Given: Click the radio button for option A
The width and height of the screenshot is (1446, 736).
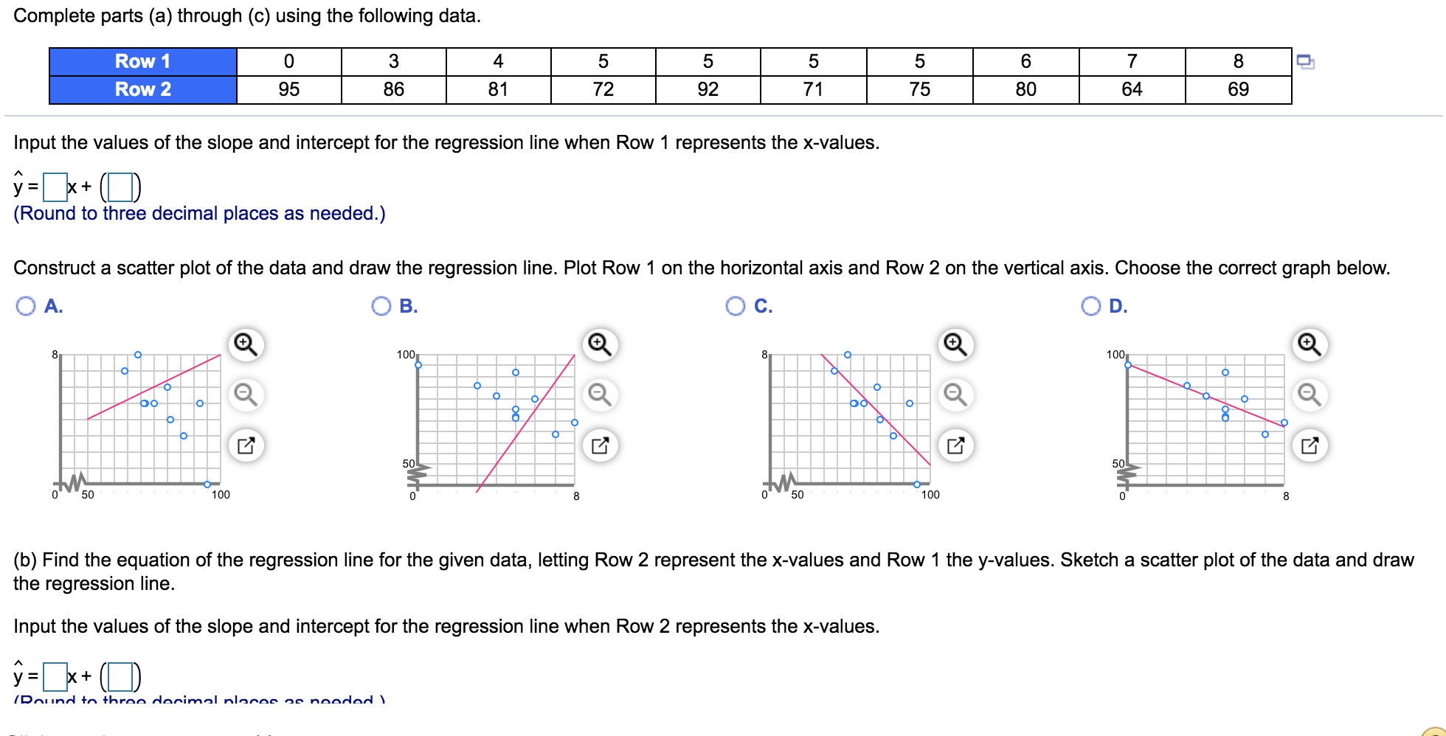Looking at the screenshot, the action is [x=26, y=306].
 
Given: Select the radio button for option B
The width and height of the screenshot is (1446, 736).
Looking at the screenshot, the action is [x=381, y=306].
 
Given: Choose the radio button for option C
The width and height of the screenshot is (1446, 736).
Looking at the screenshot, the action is [x=736, y=306].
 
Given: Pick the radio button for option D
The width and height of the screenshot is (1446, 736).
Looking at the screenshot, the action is [x=1090, y=306].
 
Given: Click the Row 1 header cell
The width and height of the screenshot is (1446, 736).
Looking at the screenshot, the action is [x=142, y=61].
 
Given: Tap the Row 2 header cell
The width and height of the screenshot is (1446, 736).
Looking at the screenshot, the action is [x=142, y=89].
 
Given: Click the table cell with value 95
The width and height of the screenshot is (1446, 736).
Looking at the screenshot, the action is [x=288, y=89].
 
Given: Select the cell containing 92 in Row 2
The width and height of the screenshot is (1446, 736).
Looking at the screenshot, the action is [x=708, y=89].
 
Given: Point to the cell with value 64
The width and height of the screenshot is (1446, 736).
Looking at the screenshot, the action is [x=1132, y=89].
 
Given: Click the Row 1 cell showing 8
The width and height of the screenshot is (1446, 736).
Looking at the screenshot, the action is [x=1238, y=61].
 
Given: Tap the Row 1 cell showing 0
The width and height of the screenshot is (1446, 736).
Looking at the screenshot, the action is [x=288, y=61].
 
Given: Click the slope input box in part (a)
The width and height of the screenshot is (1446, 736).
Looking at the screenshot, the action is [x=55, y=187].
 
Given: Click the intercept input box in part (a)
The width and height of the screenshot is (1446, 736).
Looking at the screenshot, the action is [x=120, y=187].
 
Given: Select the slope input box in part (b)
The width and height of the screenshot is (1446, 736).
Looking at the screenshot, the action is [x=55, y=676].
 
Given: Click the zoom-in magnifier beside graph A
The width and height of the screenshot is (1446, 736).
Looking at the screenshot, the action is [x=246, y=344].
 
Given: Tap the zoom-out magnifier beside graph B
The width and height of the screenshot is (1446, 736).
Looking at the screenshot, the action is [x=600, y=395].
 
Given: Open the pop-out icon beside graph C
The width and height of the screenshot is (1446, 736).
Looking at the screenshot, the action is [x=955, y=445].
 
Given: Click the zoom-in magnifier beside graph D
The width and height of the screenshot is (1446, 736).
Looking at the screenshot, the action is [x=1310, y=344].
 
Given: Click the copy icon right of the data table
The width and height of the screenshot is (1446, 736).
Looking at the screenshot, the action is [x=1305, y=61].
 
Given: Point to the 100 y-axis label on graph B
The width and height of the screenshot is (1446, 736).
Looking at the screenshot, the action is [x=406, y=355].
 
